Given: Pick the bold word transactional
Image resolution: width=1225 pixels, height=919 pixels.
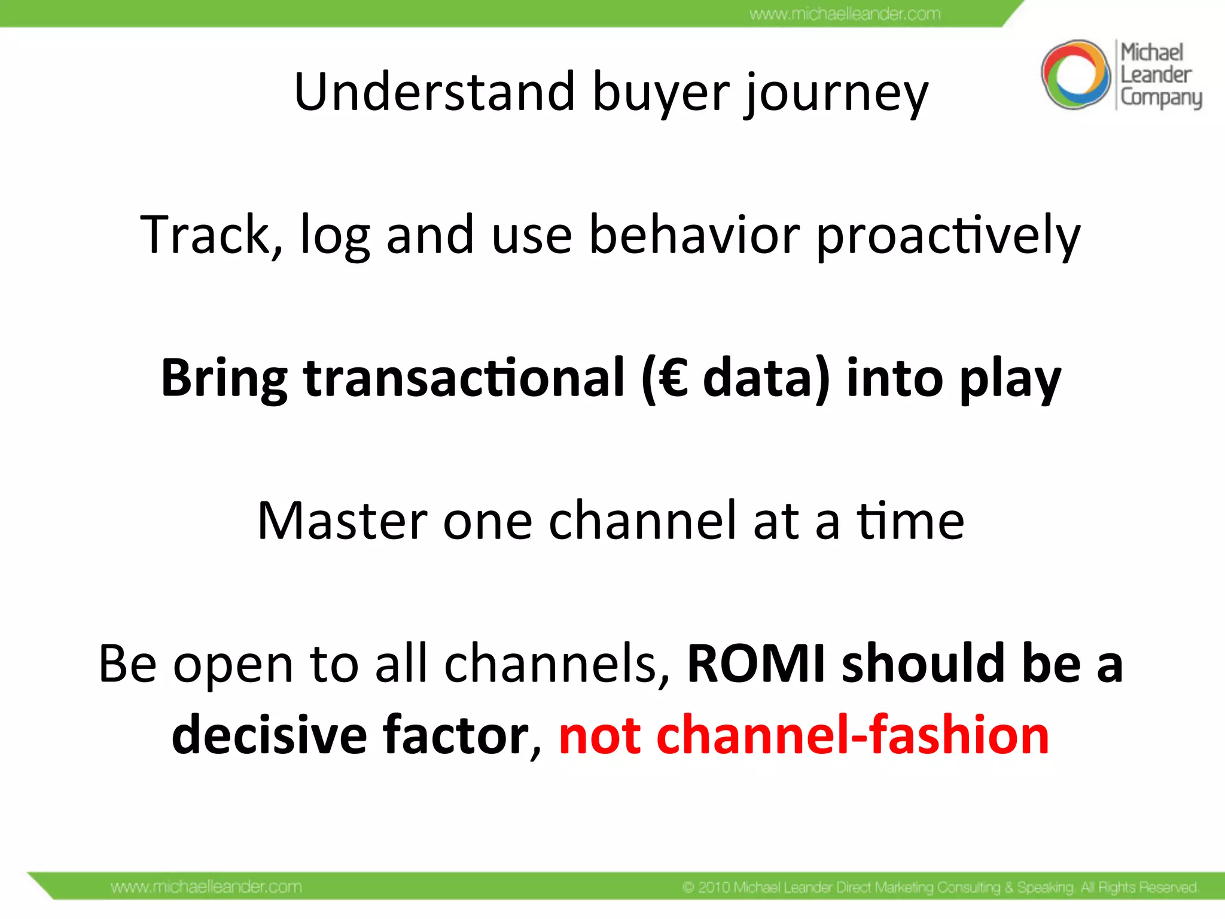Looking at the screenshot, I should pos(464,378).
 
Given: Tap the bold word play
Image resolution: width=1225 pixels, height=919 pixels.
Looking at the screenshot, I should pos(1010,381).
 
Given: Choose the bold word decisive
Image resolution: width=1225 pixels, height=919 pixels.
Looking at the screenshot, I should pos(269,735).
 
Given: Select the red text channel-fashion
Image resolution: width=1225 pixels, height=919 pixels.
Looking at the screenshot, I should pos(852,735).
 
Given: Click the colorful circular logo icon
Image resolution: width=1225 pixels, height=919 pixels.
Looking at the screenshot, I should pos(1075,75).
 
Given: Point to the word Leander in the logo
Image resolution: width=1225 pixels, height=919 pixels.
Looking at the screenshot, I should pos(1156,75).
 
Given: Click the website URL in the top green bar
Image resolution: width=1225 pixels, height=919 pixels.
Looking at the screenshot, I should pos(845,14).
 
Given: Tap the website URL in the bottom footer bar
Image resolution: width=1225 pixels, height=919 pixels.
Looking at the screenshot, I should pos(206,887).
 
